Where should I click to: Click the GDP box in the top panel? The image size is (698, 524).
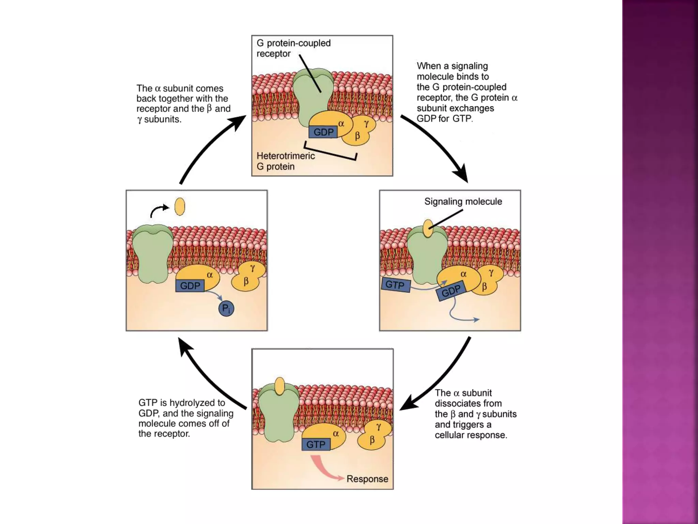[x=323, y=132]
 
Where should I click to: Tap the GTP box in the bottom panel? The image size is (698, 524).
[x=316, y=445]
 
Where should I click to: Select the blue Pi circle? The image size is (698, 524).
[x=226, y=309]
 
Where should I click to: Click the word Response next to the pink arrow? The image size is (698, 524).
[x=367, y=479]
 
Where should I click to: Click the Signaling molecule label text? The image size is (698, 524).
[x=463, y=202]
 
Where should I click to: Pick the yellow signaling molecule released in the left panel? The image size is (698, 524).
[x=180, y=207]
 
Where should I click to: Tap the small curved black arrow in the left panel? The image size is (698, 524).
[x=159, y=210]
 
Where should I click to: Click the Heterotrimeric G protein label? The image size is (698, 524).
[x=285, y=161]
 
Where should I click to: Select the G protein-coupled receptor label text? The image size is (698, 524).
[x=293, y=48]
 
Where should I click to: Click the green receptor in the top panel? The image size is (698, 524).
[x=312, y=96]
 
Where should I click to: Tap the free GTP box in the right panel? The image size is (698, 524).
[x=395, y=285]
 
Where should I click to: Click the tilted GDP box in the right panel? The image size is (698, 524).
[x=451, y=291]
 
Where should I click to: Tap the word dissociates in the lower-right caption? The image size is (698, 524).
[x=468, y=404]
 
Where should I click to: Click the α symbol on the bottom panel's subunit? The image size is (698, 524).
[x=336, y=434]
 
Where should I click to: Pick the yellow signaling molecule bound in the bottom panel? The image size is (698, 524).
[x=279, y=386]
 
